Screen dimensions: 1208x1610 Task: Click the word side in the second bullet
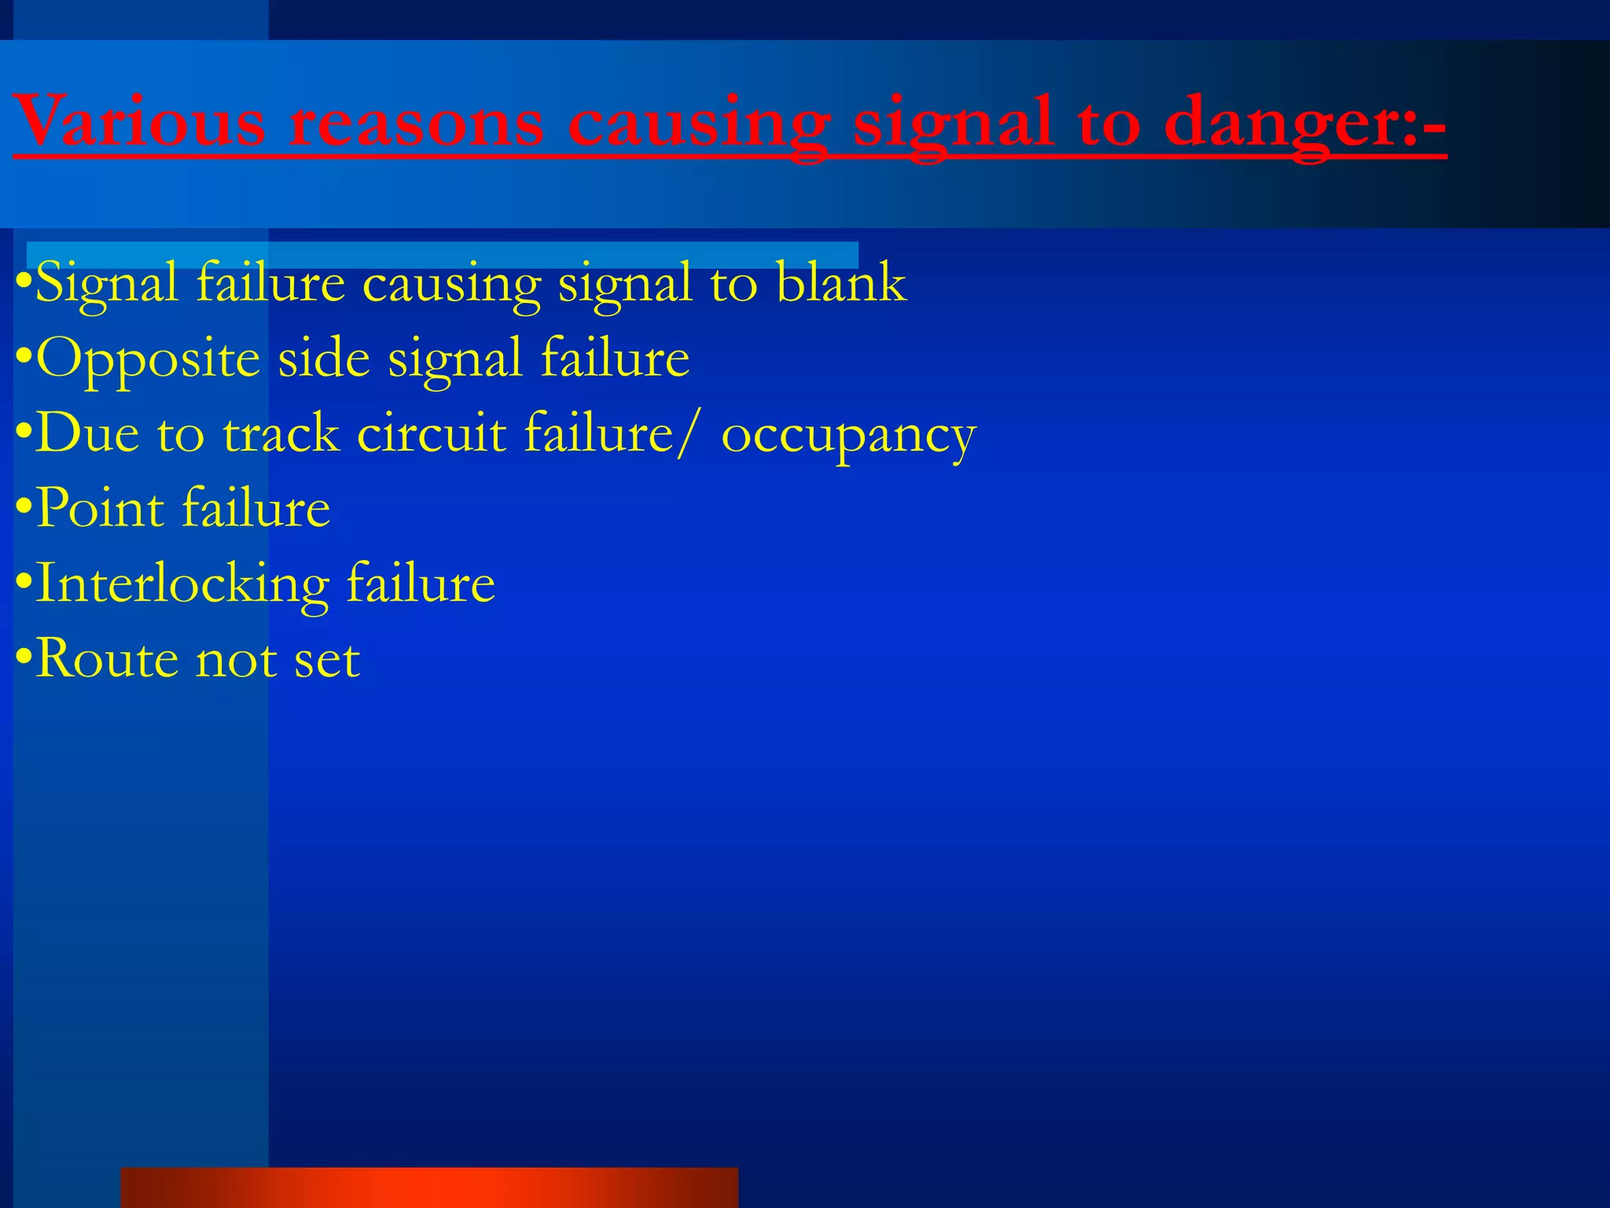click(324, 358)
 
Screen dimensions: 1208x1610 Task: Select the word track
click(281, 433)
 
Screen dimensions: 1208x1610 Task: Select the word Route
click(107, 658)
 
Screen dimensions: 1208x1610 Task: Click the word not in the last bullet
click(236, 660)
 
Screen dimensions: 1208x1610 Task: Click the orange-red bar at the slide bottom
click(428, 1188)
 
